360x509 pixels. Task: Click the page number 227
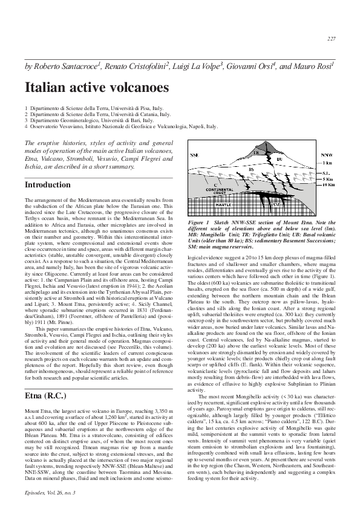(x=331, y=39)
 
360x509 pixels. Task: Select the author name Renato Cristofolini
(x=139, y=65)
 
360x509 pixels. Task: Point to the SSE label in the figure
(x=195, y=155)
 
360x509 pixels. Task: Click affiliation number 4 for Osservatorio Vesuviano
(x=26, y=127)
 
